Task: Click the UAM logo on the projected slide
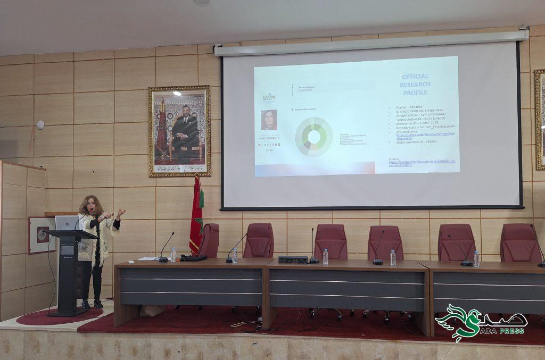pyautogui.click(x=269, y=98)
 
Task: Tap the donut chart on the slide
pyautogui.click(x=313, y=137)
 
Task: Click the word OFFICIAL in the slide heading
pyautogui.click(x=415, y=77)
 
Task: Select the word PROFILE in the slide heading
pyautogui.click(x=415, y=93)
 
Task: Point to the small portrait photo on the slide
pyautogui.click(x=269, y=120)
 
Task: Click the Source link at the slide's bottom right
pyautogui.click(x=416, y=162)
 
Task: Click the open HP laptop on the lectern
pyautogui.click(x=67, y=223)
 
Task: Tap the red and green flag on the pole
pyautogui.click(x=196, y=215)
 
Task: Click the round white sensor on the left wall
pyautogui.click(x=40, y=125)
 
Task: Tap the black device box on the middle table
pyautogui.click(x=293, y=259)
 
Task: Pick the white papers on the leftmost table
pyautogui.click(x=148, y=259)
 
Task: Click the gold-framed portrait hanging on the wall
pyautogui.click(x=179, y=131)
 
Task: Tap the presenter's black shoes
pyautogui.click(x=91, y=304)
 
